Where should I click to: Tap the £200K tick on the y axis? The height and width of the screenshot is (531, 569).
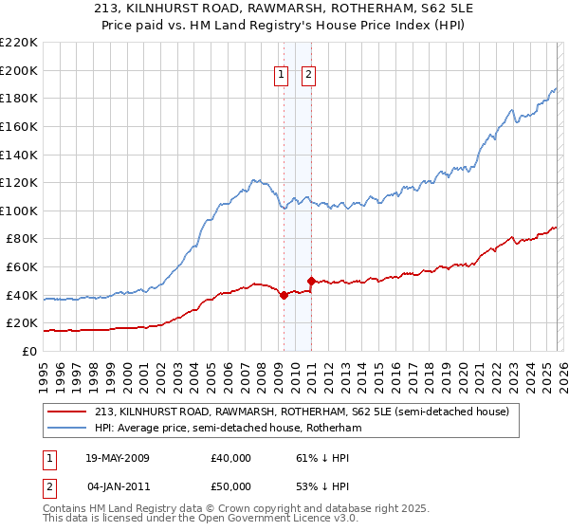point(19,70)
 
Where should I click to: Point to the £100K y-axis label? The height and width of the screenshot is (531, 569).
point(19,211)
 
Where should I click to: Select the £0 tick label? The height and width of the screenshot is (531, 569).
point(28,351)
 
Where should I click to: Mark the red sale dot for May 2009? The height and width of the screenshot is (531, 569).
point(284,295)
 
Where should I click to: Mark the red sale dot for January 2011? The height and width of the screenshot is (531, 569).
point(311,281)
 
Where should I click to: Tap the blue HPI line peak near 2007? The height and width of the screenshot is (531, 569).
point(253,178)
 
